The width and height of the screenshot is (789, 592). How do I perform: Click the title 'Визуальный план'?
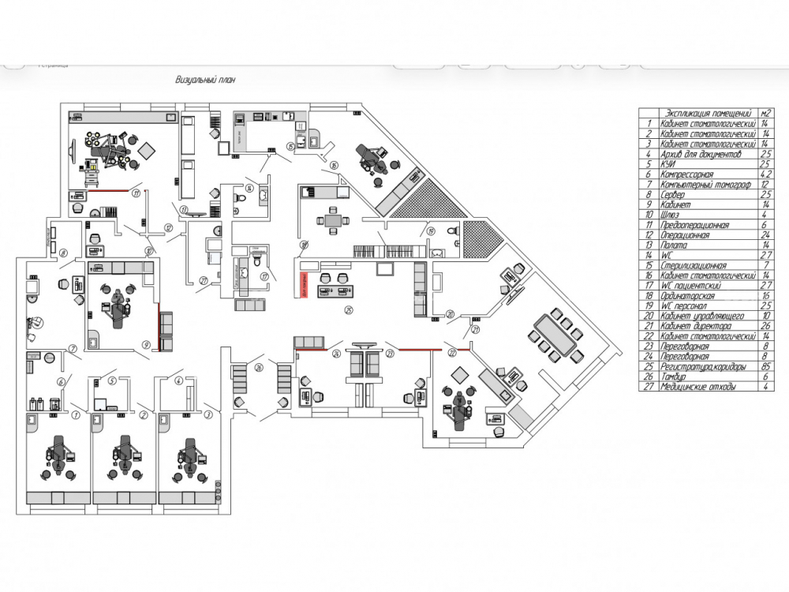pyautogui.click(x=205, y=80)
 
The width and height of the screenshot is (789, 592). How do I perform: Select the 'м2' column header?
pyautogui.click(x=765, y=113)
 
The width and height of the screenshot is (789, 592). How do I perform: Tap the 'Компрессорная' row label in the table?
pyautogui.click(x=688, y=174)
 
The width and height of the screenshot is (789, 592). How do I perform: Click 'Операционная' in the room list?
pyautogui.click(x=686, y=235)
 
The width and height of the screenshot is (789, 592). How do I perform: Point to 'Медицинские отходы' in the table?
pyautogui.click(x=699, y=387)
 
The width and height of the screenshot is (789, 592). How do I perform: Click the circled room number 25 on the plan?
pyautogui.click(x=348, y=309)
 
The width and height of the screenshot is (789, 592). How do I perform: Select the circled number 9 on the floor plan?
pyautogui.click(x=146, y=344)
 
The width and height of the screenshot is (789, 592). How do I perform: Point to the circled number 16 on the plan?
pyautogui.click(x=335, y=165)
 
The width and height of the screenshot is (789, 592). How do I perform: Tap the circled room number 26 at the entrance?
pyautogui.click(x=258, y=369)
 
